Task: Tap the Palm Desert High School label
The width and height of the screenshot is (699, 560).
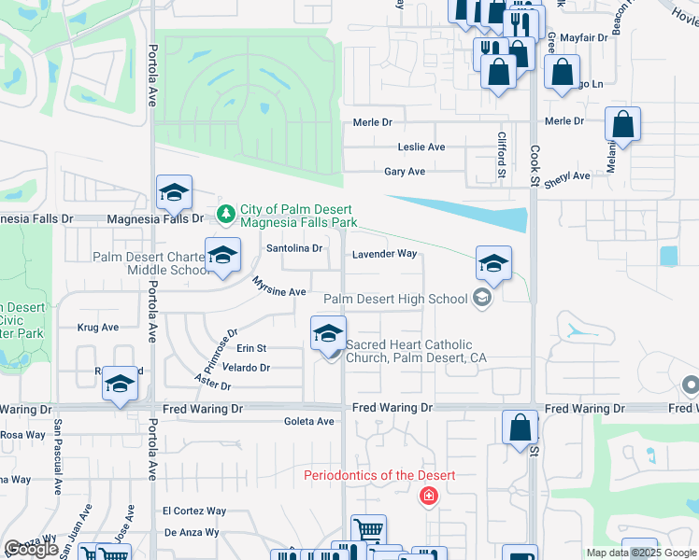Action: pos(394,300)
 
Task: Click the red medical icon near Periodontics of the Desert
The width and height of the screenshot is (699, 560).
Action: pos(429,496)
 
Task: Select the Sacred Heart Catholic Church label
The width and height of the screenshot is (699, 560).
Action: pos(416,351)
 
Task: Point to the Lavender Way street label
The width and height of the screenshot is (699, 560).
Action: pos(384,254)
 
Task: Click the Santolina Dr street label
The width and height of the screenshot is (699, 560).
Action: pos(294,248)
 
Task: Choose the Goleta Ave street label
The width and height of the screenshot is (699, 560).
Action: pos(308,421)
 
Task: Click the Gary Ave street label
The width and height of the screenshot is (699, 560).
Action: pos(405,172)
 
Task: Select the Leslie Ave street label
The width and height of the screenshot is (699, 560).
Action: pos(421,147)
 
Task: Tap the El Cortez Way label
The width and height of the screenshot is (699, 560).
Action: pos(194,511)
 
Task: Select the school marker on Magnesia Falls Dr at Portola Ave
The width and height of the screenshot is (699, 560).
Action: pos(174,194)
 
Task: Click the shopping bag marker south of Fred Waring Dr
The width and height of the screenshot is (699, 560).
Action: pos(521,429)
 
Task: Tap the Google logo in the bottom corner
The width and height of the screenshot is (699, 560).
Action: pos(32,550)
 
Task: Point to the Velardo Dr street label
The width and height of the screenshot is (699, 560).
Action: pos(246,368)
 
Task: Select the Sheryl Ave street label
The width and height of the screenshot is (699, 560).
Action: pos(568,175)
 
